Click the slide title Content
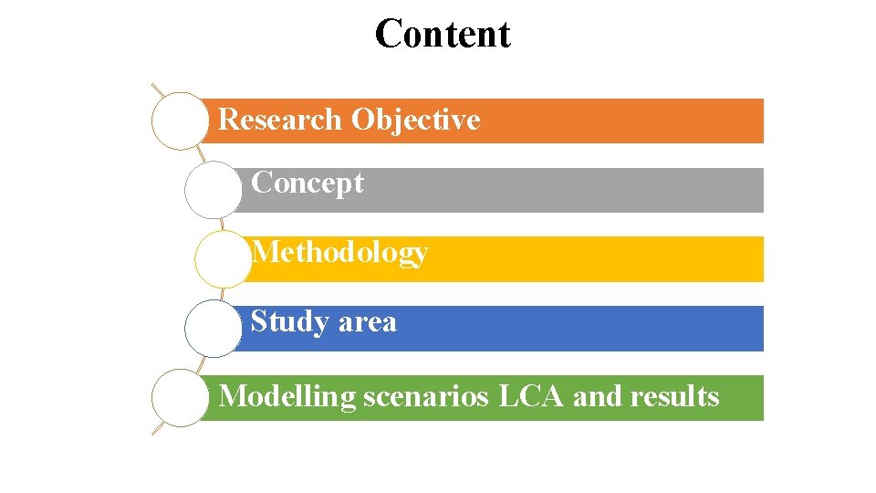(443, 34)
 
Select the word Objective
(415, 120)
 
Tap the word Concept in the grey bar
(307, 183)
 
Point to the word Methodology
(339, 252)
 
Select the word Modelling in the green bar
(287, 396)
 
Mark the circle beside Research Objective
(180, 121)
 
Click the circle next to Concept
(213, 190)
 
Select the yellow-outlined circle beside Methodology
(222, 259)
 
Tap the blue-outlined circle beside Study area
(213, 329)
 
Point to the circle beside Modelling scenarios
(180, 398)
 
